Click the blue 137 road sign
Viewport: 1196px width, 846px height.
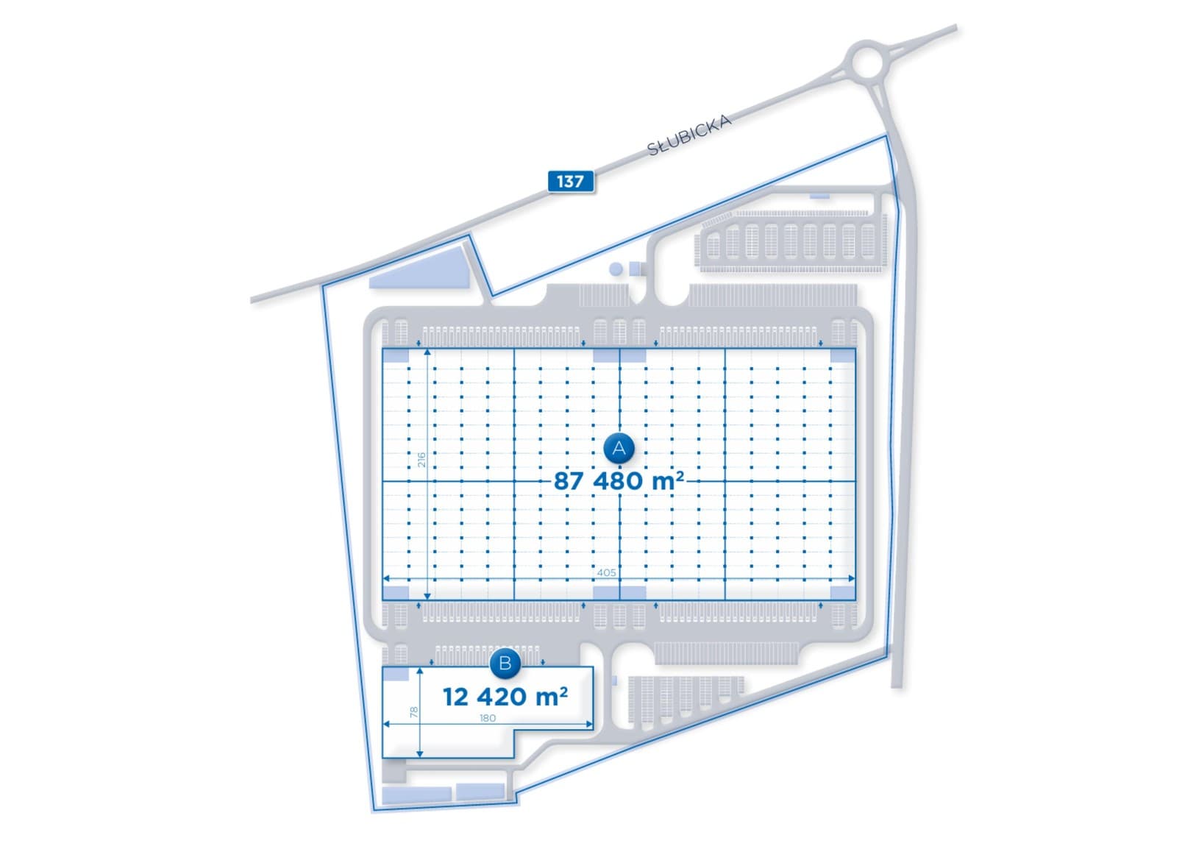coord(571,182)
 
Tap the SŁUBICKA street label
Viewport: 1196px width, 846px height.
coord(688,135)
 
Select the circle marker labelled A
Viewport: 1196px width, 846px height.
coord(619,448)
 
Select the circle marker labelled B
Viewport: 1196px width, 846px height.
coord(505,664)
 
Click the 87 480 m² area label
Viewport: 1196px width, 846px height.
coord(619,481)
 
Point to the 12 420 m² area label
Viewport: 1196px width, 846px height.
coord(505,697)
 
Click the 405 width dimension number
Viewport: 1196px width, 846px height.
coord(607,572)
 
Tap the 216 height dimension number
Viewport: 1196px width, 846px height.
coord(421,460)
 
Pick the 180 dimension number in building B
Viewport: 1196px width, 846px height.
coord(488,718)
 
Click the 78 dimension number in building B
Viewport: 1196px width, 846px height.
coord(414,712)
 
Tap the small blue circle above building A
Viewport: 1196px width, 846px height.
coord(616,269)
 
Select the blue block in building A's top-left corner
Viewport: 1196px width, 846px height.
coord(396,356)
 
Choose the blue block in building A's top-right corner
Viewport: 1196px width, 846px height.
coord(843,356)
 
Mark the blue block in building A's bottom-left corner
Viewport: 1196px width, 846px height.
coord(396,593)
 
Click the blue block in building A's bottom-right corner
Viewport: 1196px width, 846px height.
coord(843,593)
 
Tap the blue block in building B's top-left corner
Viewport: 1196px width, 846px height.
coord(396,674)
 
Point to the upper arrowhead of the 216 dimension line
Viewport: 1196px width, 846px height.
coord(427,352)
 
